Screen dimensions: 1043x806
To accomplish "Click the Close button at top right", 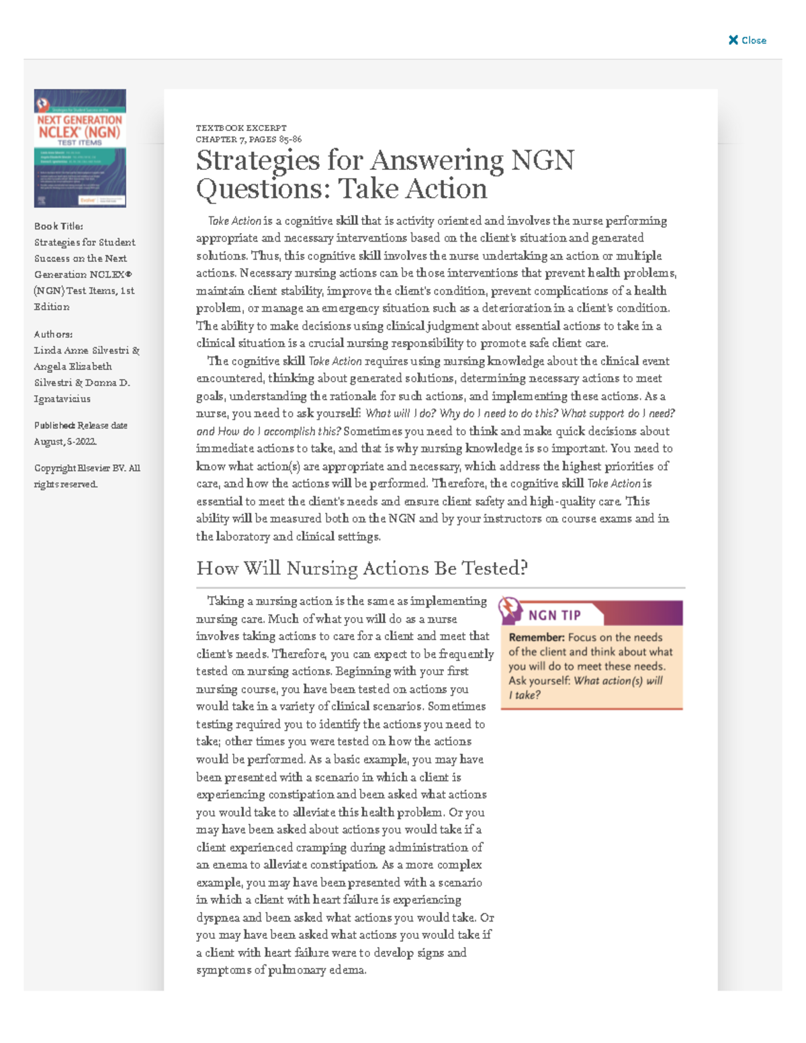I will click(x=748, y=40).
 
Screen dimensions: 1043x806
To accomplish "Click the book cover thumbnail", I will click(x=80, y=148).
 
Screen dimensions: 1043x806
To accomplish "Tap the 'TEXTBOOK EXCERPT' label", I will click(x=241, y=128).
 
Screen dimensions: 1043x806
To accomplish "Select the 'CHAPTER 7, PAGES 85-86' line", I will click(x=249, y=139).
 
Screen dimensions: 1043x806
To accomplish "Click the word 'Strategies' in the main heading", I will click(x=258, y=161).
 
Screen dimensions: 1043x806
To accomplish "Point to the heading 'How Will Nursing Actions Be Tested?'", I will click(x=361, y=568).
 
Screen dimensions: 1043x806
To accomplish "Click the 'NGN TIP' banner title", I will click(x=554, y=615).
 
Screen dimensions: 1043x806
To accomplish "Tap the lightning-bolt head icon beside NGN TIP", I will click(x=510, y=609).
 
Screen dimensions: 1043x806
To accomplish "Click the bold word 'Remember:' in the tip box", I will click(x=536, y=637).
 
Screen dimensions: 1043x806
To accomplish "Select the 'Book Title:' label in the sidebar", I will click(x=58, y=226).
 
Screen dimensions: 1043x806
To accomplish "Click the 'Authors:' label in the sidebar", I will click(x=53, y=334).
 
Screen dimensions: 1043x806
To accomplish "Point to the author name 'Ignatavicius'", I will click(x=62, y=398).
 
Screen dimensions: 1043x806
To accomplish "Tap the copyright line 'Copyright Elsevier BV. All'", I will click(x=87, y=468).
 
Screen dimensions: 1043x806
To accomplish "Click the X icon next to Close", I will click(x=733, y=40).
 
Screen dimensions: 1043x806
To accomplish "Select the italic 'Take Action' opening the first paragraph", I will click(x=234, y=221).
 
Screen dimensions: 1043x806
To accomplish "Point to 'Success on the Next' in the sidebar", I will click(x=80, y=258).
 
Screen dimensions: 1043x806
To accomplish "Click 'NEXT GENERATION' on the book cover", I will click(x=79, y=120).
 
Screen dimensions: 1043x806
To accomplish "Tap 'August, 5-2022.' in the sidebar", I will click(x=65, y=441).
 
